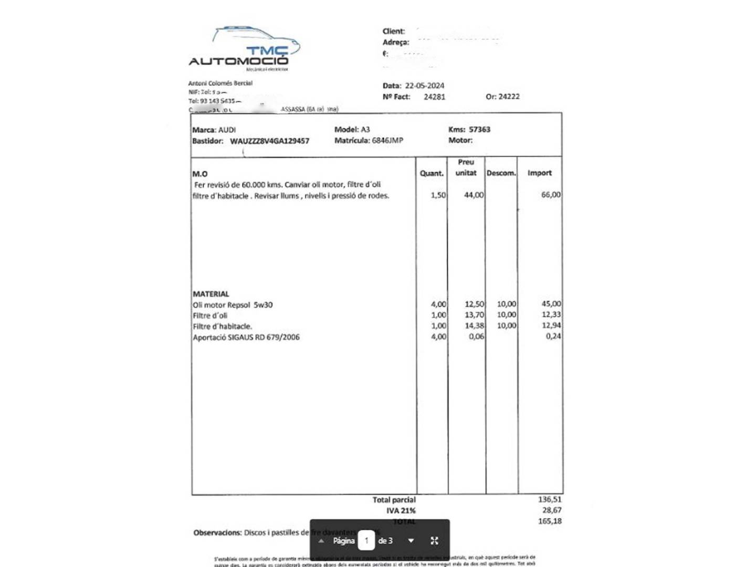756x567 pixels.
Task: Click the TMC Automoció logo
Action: pyautogui.click(x=244, y=49)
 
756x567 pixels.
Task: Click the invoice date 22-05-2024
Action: pyautogui.click(x=424, y=86)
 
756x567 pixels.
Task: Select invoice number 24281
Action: pyautogui.click(x=434, y=97)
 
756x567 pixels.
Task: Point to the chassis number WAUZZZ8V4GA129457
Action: pyautogui.click(x=269, y=141)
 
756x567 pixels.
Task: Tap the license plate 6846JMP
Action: pyautogui.click(x=387, y=140)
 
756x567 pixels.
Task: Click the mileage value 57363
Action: pyautogui.click(x=479, y=129)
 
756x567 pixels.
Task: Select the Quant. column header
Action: pyautogui.click(x=432, y=173)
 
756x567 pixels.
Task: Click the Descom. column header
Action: pyautogui.click(x=501, y=173)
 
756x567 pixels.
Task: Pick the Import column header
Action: pyautogui.click(x=539, y=173)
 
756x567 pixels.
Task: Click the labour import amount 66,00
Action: pyautogui.click(x=551, y=195)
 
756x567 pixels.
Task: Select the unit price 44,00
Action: pyautogui.click(x=474, y=195)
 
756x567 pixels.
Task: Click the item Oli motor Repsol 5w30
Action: pyautogui.click(x=233, y=304)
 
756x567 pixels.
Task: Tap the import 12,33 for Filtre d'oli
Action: pyautogui.click(x=551, y=314)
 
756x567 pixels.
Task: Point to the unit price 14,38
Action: pyautogui.click(x=474, y=325)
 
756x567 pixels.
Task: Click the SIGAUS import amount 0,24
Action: pyautogui.click(x=553, y=337)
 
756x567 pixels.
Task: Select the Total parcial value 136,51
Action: pyautogui.click(x=549, y=499)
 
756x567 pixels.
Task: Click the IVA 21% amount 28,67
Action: pyautogui.click(x=551, y=510)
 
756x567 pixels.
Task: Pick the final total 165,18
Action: pyautogui.click(x=549, y=521)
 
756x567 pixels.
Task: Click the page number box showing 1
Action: pyautogui.click(x=366, y=540)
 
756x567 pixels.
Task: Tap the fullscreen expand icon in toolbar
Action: pyautogui.click(x=434, y=540)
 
